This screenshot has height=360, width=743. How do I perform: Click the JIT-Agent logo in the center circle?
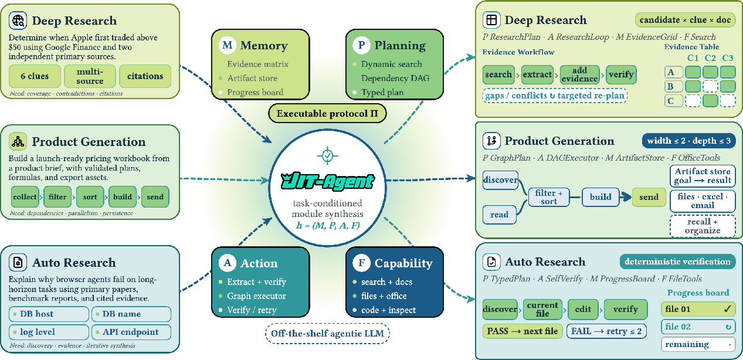pyautogui.click(x=328, y=181)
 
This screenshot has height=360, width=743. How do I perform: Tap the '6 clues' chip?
pyautogui.click(x=35, y=76)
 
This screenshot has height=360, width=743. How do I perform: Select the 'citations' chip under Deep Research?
pyautogui.click(x=145, y=76)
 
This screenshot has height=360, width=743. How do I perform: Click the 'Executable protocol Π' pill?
pyautogui.click(x=327, y=113)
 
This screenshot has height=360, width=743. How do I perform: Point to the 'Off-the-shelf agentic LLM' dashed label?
pyautogui.click(x=327, y=334)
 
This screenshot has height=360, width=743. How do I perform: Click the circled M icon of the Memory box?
pyautogui.click(x=227, y=45)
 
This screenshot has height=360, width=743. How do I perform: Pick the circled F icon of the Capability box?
pyautogui.click(x=362, y=263)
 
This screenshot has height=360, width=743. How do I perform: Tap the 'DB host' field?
pyautogui.click(x=49, y=314)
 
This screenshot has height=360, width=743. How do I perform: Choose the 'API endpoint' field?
pyautogui.click(x=131, y=332)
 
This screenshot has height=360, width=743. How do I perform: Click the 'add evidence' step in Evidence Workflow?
pyautogui.click(x=579, y=74)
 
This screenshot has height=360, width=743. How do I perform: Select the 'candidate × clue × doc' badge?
pyautogui.click(x=686, y=20)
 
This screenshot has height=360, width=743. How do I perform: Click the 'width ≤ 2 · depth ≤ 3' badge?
pyautogui.click(x=689, y=141)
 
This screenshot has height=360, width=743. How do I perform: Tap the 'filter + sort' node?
pyautogui.click(x=549, y=197)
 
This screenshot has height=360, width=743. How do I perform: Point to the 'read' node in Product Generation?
pyautogui.click(x=499, y=215)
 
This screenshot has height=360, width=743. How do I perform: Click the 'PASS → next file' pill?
pyautogui.click(x=523, y=331)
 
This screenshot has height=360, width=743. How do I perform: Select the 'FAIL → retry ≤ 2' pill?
pyautogui.click(x=606, y=331)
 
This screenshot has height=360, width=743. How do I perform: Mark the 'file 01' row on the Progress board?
pyautogui.click(x=698, y=309)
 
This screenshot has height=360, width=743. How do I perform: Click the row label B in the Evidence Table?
pyautogui.click(x=674, y=87)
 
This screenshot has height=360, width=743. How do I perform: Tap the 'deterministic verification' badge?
pyautogui.click(x=678, y=261)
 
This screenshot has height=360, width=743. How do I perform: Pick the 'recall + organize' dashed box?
pyautogui.click(x=703, y=226)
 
